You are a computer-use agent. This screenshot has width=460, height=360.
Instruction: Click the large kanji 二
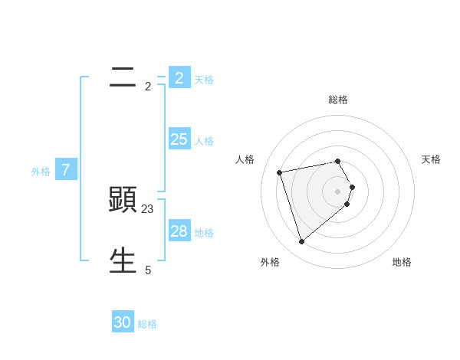(x=123, y=77)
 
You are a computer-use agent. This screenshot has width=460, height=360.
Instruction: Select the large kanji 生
(x=123, y=260)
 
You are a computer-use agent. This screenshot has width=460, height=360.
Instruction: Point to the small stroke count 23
(x=148, y=208)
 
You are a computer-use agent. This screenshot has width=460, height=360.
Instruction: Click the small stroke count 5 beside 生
(x=148, y=270)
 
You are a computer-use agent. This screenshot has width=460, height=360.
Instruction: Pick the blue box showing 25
(x=179, y=139)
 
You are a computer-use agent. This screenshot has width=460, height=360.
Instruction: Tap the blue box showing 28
(x=179, y=231)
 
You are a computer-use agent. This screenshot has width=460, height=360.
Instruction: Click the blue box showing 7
(x=65, y=170)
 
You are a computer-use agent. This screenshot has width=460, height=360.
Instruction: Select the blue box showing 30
(x=123, y=322)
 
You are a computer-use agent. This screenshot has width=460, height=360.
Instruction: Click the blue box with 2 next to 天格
(x=179, y=77)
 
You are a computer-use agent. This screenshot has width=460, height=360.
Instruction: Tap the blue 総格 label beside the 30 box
(x=147, y=324)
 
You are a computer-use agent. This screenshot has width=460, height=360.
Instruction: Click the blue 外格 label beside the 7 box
(x=41, y=172)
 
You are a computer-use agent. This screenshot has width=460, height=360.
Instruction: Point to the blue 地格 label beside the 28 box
(x=204, y=233)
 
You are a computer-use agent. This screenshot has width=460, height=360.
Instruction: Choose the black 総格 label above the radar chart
(x=338, y=100)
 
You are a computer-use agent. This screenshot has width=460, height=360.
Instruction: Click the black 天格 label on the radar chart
(x=431, y=159)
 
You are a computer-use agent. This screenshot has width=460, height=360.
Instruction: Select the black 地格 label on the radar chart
(x=402, y=262)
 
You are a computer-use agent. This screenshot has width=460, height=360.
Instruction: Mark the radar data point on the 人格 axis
(x=280, y=172)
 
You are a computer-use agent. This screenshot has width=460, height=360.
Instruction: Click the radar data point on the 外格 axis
(x=302, y=241)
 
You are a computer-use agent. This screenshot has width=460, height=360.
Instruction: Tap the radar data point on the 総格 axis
(x=338, y=161)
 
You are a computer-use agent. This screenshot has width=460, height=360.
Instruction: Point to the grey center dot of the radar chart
(x=338, y=191)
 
